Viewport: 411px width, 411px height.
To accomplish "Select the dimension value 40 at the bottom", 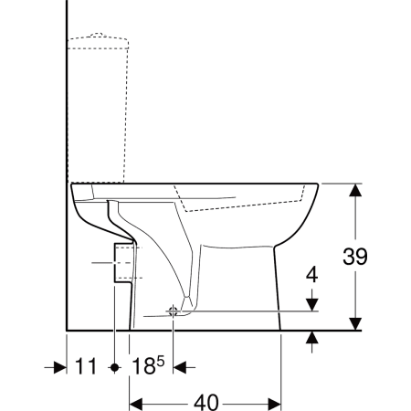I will (205, 402).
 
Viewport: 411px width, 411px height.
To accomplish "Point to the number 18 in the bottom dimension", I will (142, 367).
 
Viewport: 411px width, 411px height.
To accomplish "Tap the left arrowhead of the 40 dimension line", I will (134, 402).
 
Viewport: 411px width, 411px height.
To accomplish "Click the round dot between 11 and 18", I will (114, 367).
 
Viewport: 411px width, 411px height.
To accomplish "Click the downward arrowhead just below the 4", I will (311, 305).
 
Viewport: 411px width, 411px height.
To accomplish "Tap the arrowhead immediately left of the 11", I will (61, 367).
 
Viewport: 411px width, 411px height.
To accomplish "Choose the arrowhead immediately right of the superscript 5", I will (180, 367).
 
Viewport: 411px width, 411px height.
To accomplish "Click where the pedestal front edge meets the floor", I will (279, 329).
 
